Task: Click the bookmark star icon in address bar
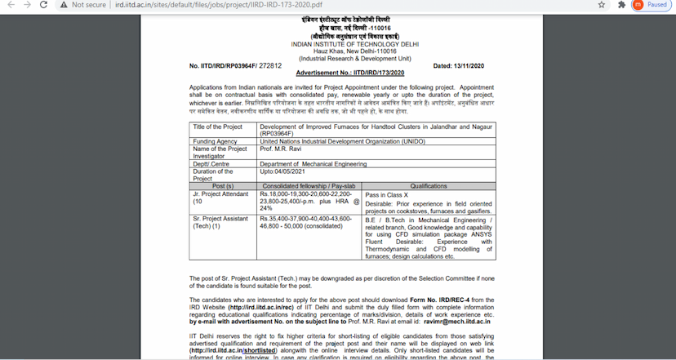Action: [x=602, y=5]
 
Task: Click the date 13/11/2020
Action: [x=469, y=65]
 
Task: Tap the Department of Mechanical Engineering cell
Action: [x=313, y=164]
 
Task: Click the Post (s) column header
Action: [x=223, y=187]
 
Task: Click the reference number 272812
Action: [x=269, y=65]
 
